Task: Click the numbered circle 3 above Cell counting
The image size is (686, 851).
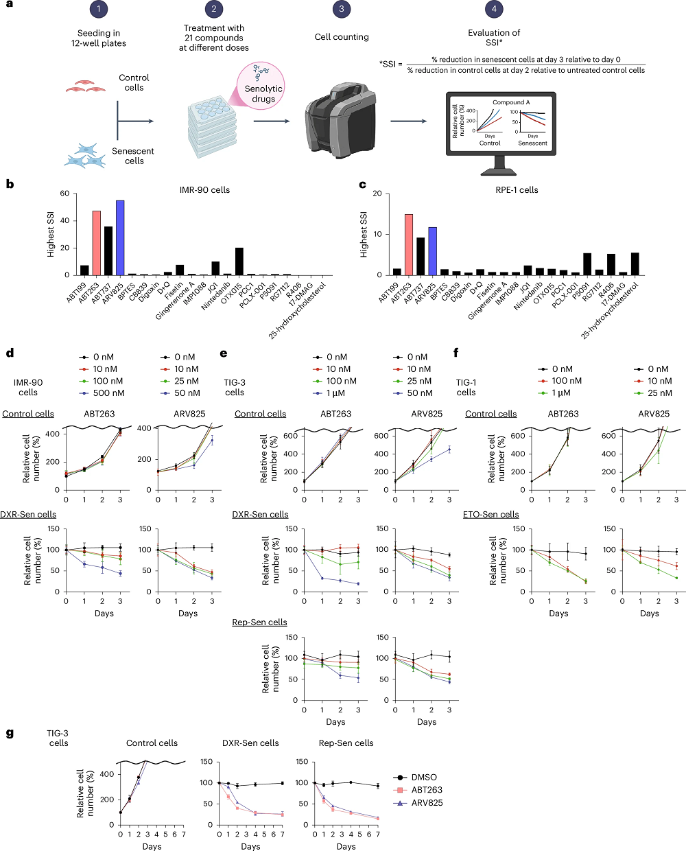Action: click(x=342, y=9)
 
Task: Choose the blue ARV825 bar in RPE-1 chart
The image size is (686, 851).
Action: click(x=433, y=250)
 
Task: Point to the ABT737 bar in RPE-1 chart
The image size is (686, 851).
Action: click(x=421, y=256)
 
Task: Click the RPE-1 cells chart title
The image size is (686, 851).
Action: click(x=516, y=190)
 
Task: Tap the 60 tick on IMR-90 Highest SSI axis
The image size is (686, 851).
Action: click(x=64, y=194)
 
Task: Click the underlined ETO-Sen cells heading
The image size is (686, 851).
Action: click(x=490, y=515)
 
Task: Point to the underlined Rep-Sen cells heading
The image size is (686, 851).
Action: click(x=259, y=622)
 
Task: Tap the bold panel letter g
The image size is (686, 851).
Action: click(x=10, y=734)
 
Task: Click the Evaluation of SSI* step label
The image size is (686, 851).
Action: click(x=494, y=38)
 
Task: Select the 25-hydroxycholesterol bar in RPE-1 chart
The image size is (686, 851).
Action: click(x=635, y=264)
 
